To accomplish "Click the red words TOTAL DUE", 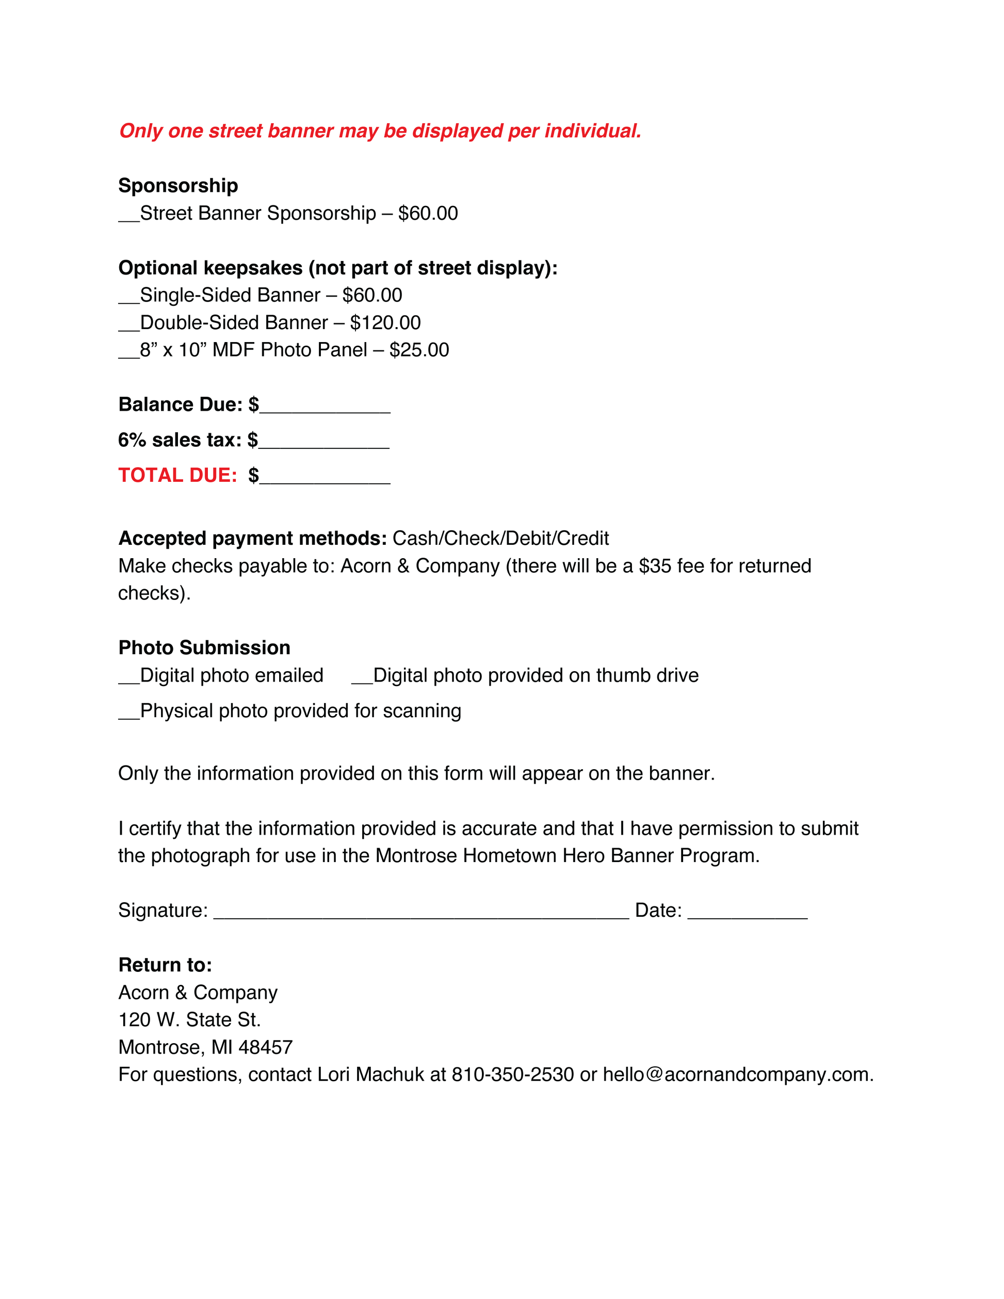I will [x=177, y=475].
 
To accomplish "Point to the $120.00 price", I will [x=385, y=323].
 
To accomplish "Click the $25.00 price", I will [x=419, y=350].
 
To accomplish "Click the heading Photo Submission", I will [x=204, y=648].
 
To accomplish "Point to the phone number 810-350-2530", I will [x=513, y=1075].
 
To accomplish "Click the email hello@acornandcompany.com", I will [x=738, y=1075].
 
